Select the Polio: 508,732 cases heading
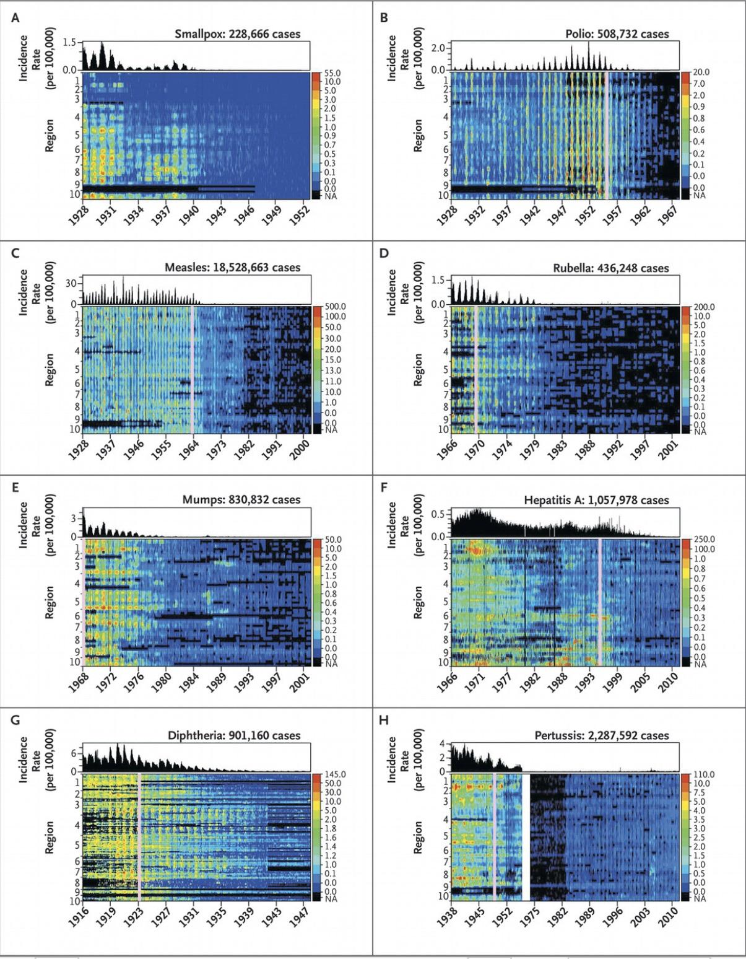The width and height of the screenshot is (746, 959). click(617, 34)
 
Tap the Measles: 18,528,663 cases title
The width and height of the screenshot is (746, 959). click(233, 268)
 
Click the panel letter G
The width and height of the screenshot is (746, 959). click(15, 720)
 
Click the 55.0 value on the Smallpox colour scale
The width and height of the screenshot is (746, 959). click(332, 73)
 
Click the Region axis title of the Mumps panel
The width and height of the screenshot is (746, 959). click(50, 602)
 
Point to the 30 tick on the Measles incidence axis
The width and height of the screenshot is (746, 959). click(70, 283)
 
